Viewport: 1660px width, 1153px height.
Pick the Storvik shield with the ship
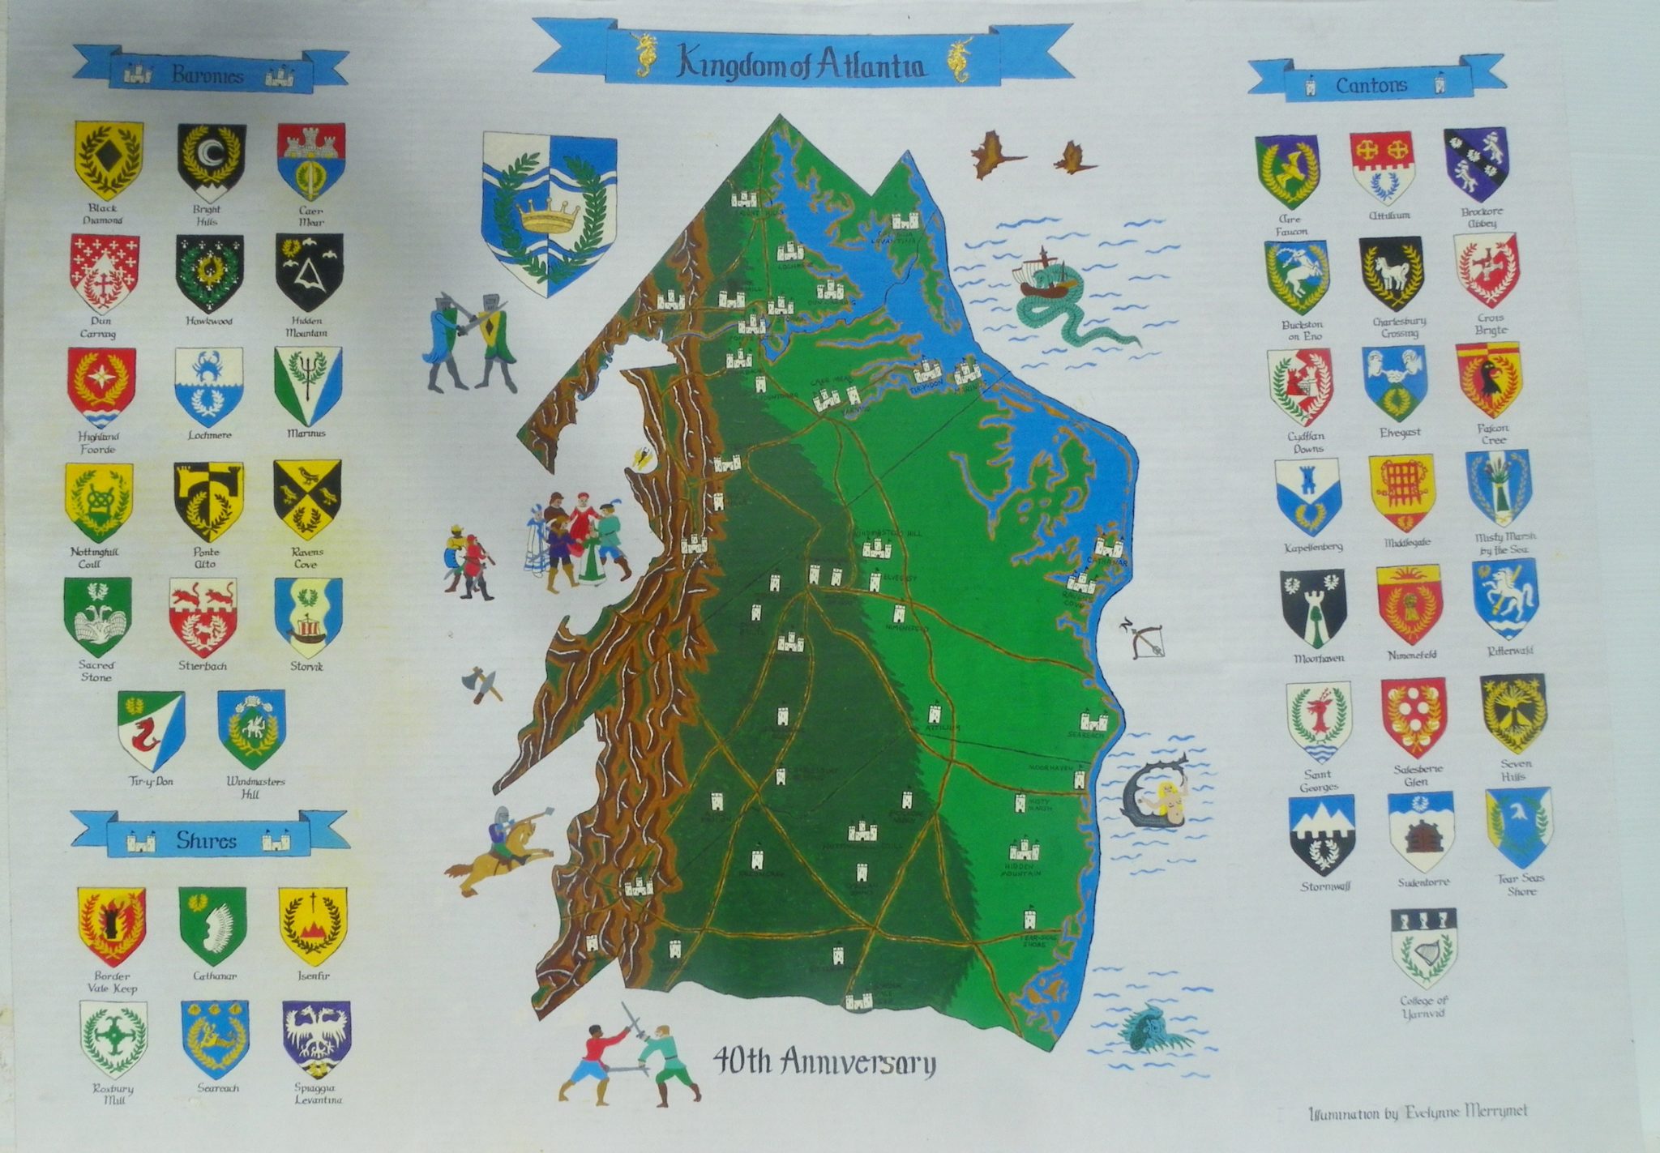pos(308,617)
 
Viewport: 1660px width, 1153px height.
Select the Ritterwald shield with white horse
pos(1504,598)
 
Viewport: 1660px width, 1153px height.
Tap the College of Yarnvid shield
pos(1423,947)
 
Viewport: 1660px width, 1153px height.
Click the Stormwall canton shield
pos(1321,834)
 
